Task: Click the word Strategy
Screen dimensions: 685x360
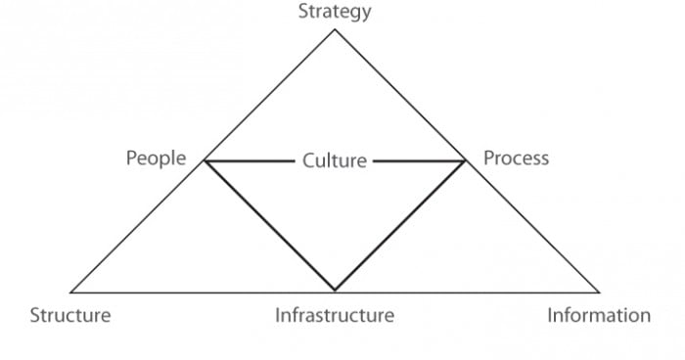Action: [335, 12]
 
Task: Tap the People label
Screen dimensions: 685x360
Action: [156, 158]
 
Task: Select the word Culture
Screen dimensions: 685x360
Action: [335, 160]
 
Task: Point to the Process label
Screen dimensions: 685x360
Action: [517, 158]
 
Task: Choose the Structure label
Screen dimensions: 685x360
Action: [69, 315]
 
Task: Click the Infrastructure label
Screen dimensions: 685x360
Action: [335, 315]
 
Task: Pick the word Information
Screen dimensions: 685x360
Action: [599, 315]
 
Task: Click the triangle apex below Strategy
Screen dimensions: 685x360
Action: [335, 29]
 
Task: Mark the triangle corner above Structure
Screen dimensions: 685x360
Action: [71, 292]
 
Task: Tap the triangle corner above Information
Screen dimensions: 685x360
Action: [599, 292]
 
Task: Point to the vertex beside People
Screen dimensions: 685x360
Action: [204, 160]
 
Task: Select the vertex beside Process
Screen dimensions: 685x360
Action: [466, 160]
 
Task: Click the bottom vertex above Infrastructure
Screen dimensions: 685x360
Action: [335, 291]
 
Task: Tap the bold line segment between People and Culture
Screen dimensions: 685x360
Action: [249, 160]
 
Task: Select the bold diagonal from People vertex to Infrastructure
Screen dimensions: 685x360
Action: [269, 226]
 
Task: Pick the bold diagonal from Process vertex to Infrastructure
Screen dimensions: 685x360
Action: [400, 226]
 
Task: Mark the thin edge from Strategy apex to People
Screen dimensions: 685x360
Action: [269, 95]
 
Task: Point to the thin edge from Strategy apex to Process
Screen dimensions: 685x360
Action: [400, 95]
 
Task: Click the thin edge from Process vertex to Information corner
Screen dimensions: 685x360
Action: [532, 226]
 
